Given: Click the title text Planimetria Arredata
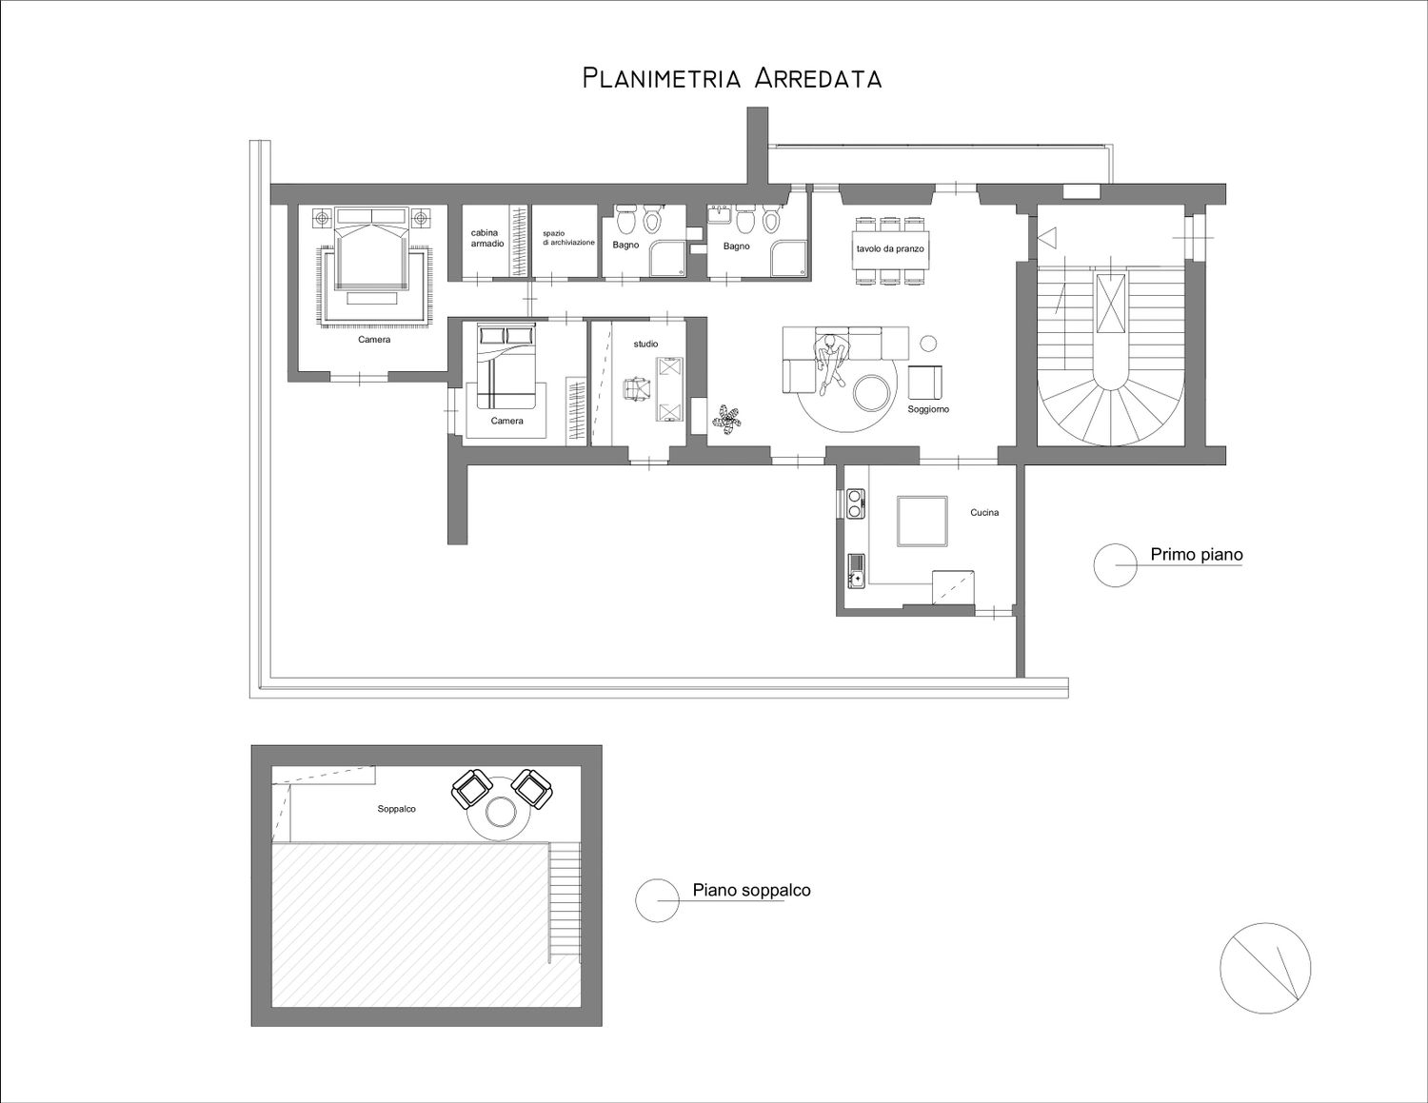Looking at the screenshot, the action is pyautogui.click(x=731, y=78).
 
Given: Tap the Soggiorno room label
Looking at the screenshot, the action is pyautogui.click(x=928, y=409).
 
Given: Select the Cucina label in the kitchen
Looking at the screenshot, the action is pyautogui.click(x=984, y=512).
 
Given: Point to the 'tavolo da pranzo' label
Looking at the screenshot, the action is pyautogui.click(x=890, y=249).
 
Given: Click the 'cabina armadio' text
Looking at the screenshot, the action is pyautogui.click(x=487, y=238).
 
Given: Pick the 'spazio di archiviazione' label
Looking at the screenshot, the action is pyautogui.click(x=568, y=238).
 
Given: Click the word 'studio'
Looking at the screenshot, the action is pyautogui.click(x=645, y=344).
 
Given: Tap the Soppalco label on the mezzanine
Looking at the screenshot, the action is pyautogui.click(x=396, y=809).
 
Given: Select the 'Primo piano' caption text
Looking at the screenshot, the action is pyautogui.click(x=1196, y=555).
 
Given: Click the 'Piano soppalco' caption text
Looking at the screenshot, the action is pyautogui.click(x=751, y=890).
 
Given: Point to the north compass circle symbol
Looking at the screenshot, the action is pyautogui.click(x=1265, y=968).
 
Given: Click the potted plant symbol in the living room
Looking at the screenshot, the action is pyautogui.click(x=727, y=420).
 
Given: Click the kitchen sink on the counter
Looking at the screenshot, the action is pyautogui.click(x=856, y=571).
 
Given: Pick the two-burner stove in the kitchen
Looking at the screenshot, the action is pyautogui.click(x=855, y=503).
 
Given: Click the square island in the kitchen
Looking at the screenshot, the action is pyautogui.click(x=922, y=521).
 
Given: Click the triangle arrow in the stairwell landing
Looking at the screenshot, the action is pyautogui.click(x=1047, y=238).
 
